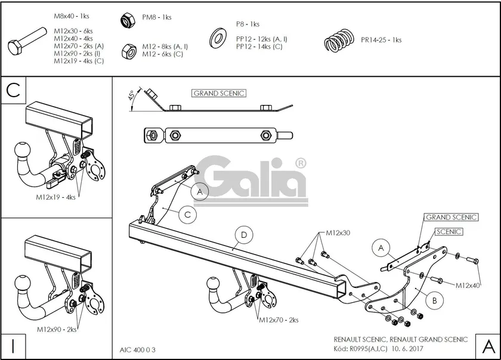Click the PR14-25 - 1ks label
[x=381, y=40]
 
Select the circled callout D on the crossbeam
[x=243, y=235]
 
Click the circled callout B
[x=435, y=301]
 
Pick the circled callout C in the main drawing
[x=187, y=214]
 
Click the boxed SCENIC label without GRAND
[x=449, y=232]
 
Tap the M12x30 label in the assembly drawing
[x=338, y=233]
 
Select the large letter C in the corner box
[x=14, y=90]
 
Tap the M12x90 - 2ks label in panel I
[x=57, y=329]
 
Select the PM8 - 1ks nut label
[x=157, y=17]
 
